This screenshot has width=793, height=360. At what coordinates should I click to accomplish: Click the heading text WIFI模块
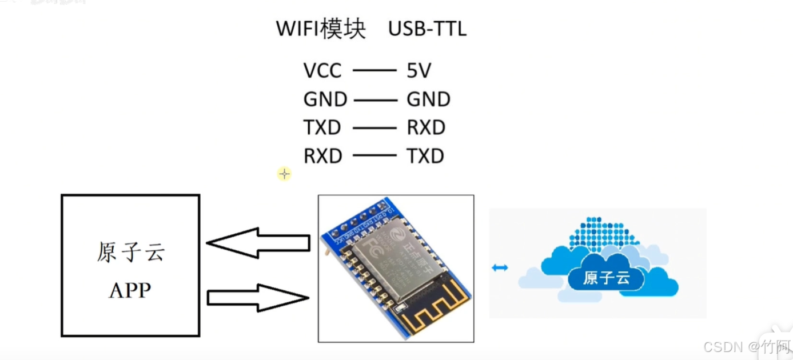coord(320,29)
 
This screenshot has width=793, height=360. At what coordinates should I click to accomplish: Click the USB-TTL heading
coord(427,29)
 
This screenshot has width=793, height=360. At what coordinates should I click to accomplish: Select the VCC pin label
coord(322,71)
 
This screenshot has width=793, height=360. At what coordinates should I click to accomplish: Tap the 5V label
coord(419,71)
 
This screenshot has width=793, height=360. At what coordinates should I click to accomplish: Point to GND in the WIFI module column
coord(325,99)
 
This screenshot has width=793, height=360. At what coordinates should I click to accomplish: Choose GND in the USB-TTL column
coord(428,99)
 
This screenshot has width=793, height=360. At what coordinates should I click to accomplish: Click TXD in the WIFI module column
coord(322,127)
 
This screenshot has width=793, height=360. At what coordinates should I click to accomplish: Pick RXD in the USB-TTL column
coord(426,127)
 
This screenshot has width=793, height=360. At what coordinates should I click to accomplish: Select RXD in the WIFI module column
coord(322,156)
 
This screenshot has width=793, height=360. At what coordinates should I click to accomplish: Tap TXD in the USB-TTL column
coord(425,156)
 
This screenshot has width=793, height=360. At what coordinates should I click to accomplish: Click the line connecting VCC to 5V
coord(374,71)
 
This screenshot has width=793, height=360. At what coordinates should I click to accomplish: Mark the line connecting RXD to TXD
coord(374,155)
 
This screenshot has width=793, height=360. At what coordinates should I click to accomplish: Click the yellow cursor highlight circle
coord(284,174)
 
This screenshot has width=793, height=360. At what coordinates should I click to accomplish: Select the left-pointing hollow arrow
coord(257,243)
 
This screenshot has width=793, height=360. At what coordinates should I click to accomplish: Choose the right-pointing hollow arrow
coord(257,298)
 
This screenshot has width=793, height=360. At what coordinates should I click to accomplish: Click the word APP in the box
coord(130,290)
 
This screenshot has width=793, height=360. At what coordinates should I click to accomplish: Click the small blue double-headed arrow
coord(500,267)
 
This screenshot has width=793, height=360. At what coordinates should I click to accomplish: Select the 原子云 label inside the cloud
coord(606,278)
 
